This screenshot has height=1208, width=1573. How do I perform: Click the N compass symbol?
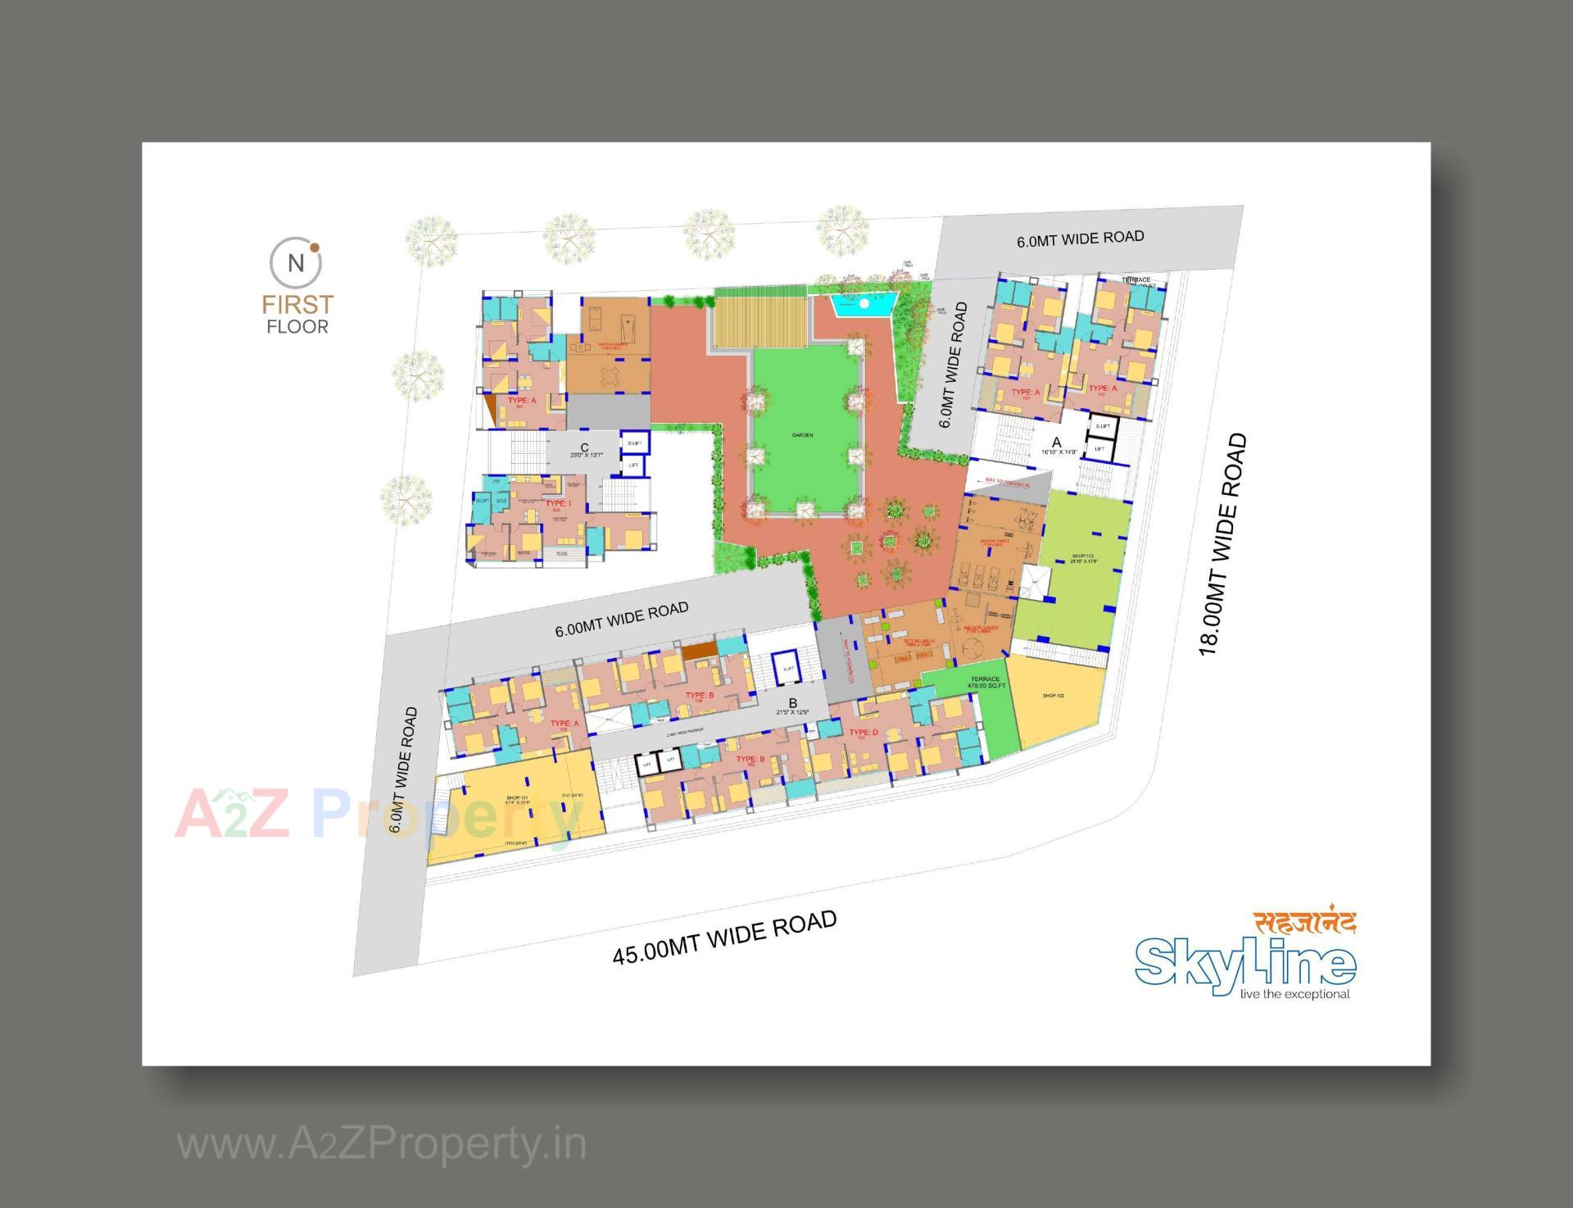tap(296, 263)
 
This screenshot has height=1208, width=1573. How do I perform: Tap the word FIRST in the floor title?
tap(297, 304)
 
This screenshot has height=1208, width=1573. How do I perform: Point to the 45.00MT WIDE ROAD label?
tap(725, 938)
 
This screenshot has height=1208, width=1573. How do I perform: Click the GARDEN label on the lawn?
tap(802, 435)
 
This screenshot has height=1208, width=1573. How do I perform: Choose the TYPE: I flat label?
tap(558, 504)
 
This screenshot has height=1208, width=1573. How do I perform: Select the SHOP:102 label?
tap(1053, 696)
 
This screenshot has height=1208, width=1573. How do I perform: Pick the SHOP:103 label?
tap(1082, 557)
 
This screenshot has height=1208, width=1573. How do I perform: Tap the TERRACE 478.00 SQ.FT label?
tap(985, 681)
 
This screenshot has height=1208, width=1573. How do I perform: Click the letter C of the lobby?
tap(584, 447)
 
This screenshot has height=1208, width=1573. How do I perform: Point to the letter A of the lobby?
tap(1056, 443)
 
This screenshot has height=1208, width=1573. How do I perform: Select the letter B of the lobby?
tap(792, 703)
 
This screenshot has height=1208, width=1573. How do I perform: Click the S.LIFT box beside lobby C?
tap(634, 443)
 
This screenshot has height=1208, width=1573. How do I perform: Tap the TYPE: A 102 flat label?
tap(1102, 389)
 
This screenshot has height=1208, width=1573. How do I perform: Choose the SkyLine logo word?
tap(1244, 967)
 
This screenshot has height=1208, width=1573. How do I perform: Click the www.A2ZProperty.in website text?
tap(382, 1143)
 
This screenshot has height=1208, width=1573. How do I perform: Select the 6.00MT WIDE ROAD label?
tap(621, 619)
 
